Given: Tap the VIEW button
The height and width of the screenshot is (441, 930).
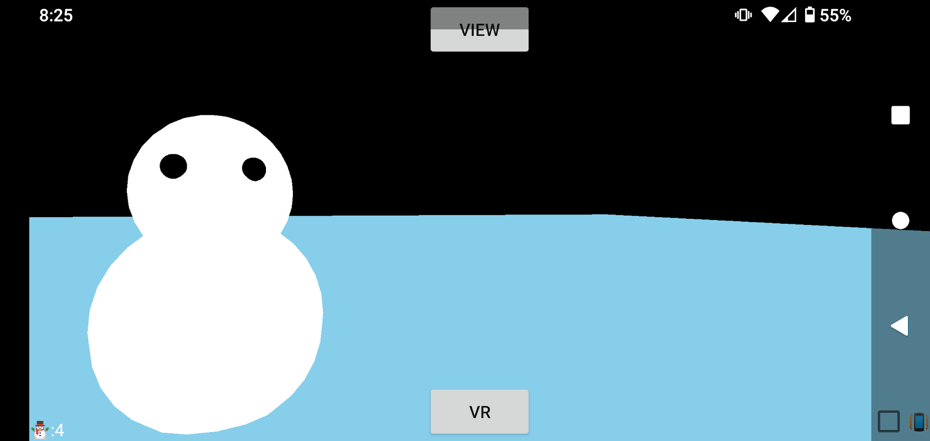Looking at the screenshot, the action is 480,30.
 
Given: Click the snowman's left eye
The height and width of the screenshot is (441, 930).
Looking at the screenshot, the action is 173,166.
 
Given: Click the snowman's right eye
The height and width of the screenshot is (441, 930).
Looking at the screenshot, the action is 254,169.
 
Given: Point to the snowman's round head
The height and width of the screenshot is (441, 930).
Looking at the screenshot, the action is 210,179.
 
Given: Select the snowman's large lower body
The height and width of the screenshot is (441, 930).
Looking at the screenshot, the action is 205,332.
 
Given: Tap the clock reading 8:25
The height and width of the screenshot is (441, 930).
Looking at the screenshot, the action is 56,16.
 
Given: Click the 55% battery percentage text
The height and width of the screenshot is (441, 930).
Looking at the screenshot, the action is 835,16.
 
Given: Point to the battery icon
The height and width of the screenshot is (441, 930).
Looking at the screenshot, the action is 809,15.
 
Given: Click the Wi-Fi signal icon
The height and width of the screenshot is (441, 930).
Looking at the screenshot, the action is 770,15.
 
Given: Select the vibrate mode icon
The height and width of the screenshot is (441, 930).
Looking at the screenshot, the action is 743,15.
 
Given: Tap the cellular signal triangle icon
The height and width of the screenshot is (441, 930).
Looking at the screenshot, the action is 789,15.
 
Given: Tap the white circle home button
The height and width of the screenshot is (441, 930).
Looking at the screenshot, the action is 900,220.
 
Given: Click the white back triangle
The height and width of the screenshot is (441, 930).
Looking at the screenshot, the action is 900,326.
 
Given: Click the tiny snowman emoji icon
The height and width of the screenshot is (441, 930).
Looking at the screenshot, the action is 40,430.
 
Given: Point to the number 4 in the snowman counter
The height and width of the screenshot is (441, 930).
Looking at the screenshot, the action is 60,430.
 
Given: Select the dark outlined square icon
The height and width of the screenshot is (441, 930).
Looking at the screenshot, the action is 889,422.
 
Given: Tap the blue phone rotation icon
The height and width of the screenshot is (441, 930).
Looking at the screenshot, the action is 919,422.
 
